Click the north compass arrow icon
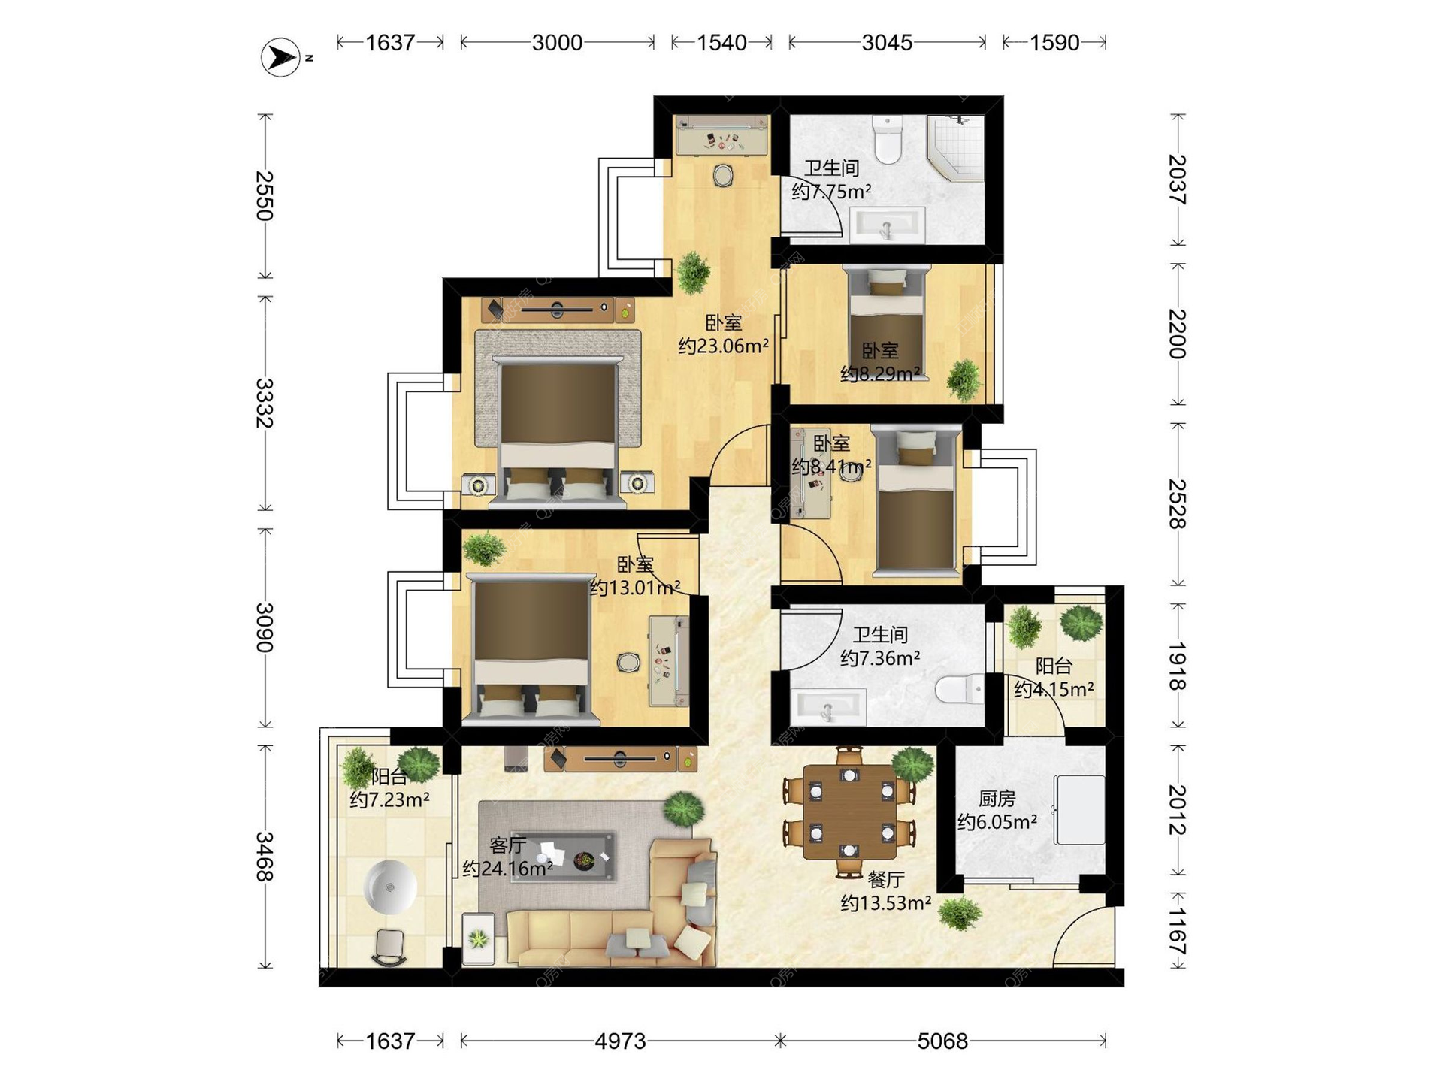click(x=281, y=56)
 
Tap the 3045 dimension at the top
click(x=887, y=42)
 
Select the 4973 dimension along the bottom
click(x=620, y=1041)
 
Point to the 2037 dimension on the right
click(x=1178, y=180)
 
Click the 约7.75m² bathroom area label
click(x=831, y=192)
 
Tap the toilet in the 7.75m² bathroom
click(x=888, y=139)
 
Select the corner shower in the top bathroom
click(x=955, y=148)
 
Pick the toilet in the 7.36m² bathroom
click(x=960, y=688)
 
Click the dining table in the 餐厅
click(x=849, y=811)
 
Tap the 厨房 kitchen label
click(x=997, y=798)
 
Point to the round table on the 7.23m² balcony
click(x=389, y=887)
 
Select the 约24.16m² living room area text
click(x=508, y=869)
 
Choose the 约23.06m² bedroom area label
click(x=723, y=346)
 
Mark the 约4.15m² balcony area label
click(x=1054, y=689)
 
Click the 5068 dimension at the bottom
click(x=942, y=1041)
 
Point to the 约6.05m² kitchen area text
click(x=997, y=822)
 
